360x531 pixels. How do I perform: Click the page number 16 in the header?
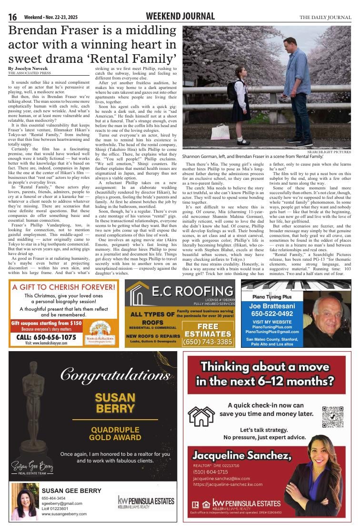click(12, 17)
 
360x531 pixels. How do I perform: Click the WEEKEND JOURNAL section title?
click(180, 17)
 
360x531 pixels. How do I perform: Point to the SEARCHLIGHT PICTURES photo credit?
click(329, 152)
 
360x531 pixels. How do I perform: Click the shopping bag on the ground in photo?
click(220, 131)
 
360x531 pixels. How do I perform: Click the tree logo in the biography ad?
click(100, 330)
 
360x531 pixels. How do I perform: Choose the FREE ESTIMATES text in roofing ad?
click(208, 330)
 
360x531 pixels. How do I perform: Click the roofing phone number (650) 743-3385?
click(208, 342)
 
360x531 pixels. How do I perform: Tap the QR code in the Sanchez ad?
click(332, 417)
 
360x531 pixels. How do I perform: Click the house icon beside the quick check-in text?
click(201, 416)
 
